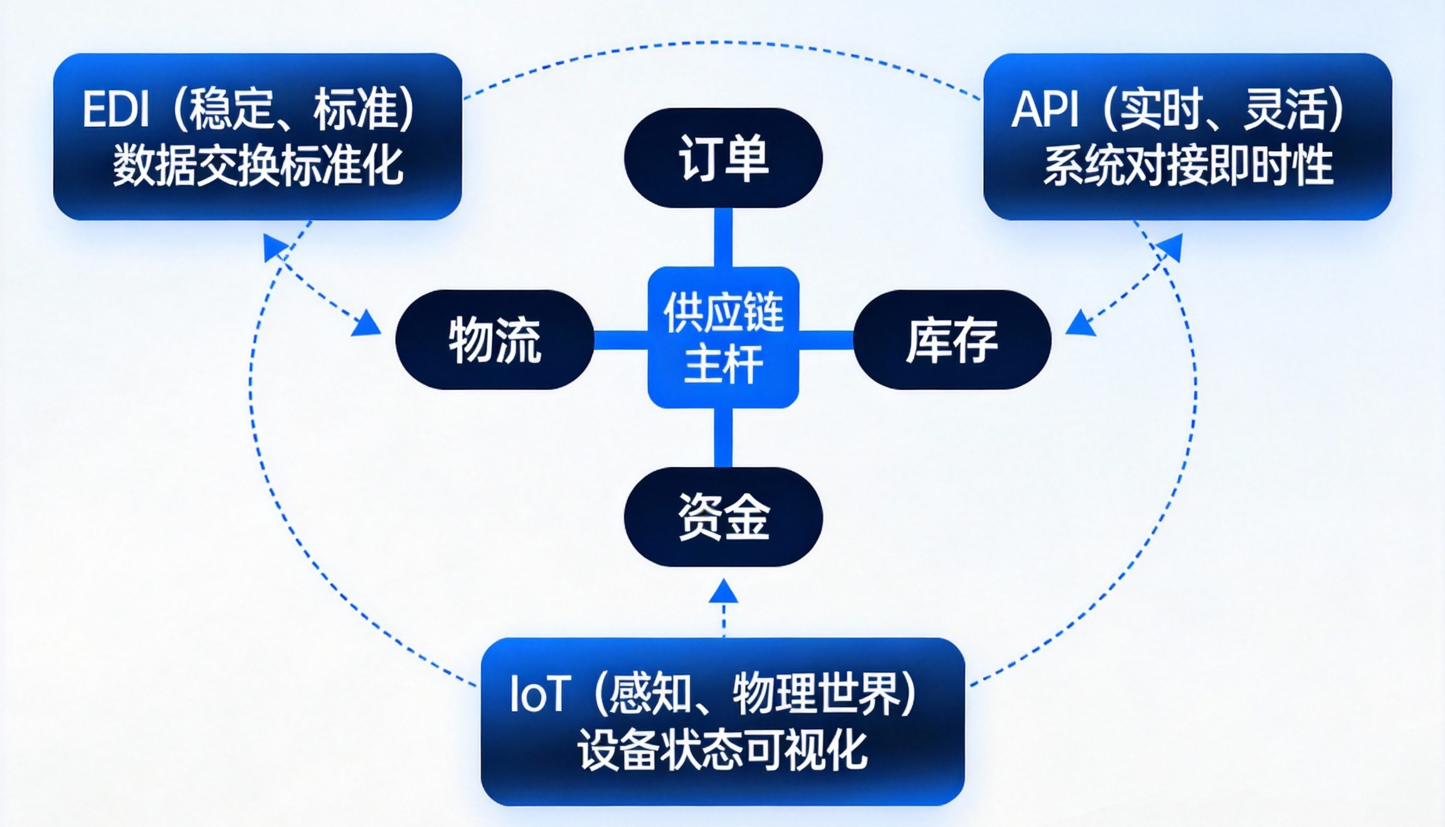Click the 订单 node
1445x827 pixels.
[x=723, y=158]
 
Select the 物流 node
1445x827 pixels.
[x=494, y=340]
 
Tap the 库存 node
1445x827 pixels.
[x=952, y=340]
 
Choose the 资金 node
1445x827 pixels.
[x=723, y=517]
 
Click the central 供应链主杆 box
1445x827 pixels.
[x=723, y=337]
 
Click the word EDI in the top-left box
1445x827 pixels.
[x=116, y=110]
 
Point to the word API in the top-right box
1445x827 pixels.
[x=1045, y=110]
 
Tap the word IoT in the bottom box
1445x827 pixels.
[x=540, y=695]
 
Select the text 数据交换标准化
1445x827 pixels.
[x=257, y=166]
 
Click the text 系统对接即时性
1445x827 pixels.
[x=1188, y=166]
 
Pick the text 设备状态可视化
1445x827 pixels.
[x=722, y=750]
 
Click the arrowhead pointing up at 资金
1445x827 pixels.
[x=723, y=592]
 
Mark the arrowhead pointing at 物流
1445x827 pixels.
[x=367, y=324]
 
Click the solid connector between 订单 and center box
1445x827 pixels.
[x=723, y=237]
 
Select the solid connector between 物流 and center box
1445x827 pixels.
[x=620, y=340]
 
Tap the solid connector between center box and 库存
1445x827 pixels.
[x=825, y=340]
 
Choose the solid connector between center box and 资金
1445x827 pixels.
[x=723, y=438]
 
